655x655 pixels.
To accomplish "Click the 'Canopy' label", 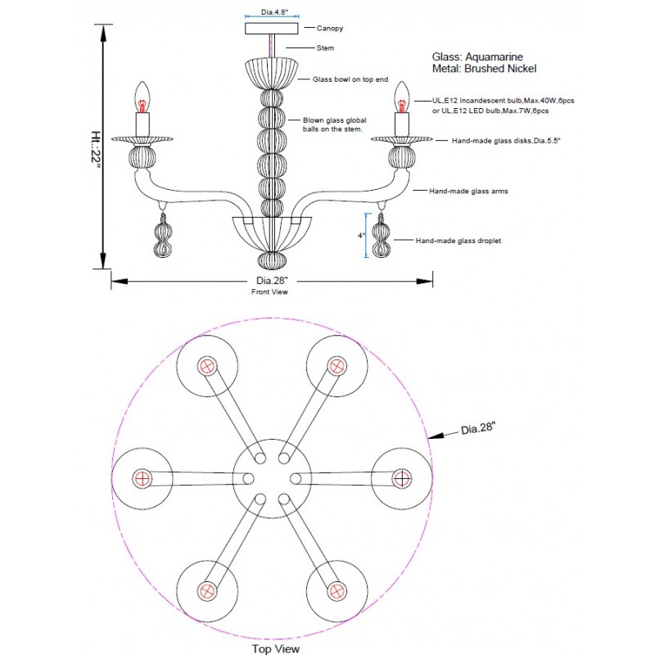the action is click(330, 28).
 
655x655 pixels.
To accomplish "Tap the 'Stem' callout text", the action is click(325, 48).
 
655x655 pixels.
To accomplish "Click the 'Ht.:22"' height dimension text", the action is click(96, 150).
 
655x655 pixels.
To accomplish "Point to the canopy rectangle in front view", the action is click(272, 29).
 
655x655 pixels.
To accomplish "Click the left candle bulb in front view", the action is click(142, 97).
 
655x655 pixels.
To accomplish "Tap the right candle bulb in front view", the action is click(402, 97).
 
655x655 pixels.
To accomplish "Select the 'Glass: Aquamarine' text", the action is click(477, 56).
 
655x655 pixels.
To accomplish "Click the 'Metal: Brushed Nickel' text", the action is click(484, 69).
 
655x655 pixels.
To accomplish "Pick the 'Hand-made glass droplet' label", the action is click(458, 241).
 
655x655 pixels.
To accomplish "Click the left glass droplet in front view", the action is click(162, 235).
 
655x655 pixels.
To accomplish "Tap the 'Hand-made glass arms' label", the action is click(468, 192).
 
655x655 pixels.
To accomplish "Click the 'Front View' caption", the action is click(269, 292).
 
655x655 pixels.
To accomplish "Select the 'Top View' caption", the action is click(276, 648).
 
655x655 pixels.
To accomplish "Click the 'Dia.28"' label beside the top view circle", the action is click(478, 428).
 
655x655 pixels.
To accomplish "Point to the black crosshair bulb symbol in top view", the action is click(402, 479).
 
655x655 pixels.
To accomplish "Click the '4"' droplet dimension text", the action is click(361, 236).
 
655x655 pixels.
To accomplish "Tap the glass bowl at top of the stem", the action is click(272, 74).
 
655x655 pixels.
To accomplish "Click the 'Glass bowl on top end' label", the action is click(350, 79).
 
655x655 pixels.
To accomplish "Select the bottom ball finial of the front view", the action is click(272, 260).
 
